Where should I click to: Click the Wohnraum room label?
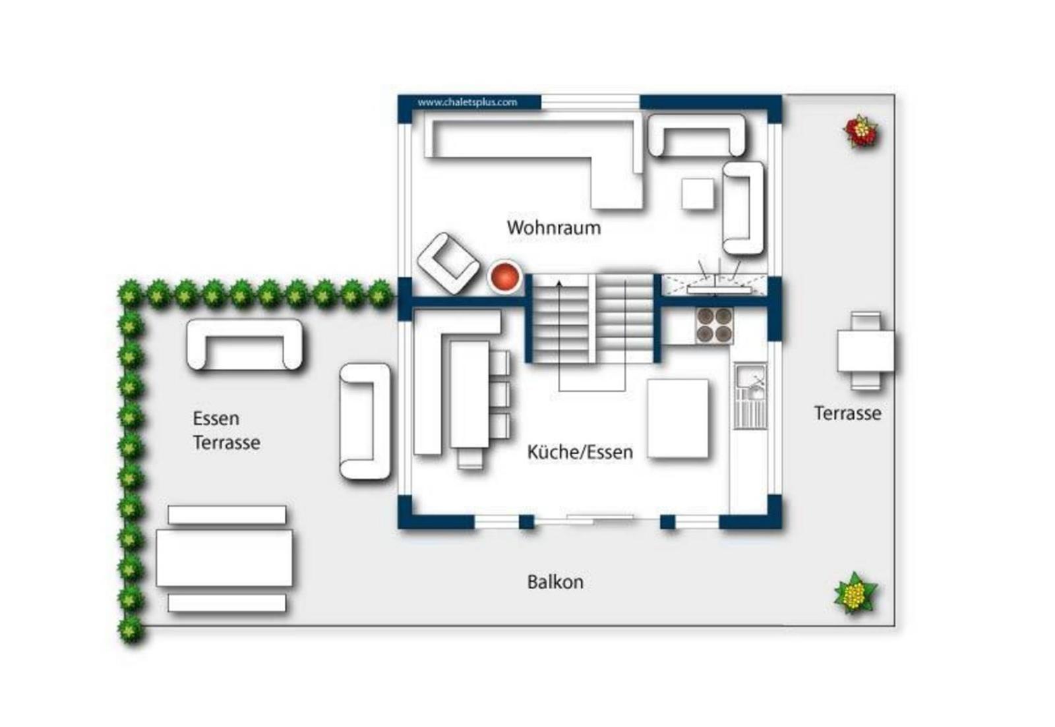click(x=554, y=228)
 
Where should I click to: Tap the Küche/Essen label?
click(x=580, y=452)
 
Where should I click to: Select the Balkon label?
click(x=555, y=582)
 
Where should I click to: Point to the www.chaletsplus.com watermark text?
click(x=467, y=102)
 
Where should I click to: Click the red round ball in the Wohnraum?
click(x=505, y=276)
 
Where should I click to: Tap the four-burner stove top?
click(x=714, y=326)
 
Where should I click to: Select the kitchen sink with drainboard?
click(x=750, y=395)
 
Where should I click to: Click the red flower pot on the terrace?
click(x=861, y=131)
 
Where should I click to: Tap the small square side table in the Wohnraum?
click(x=698, y=194)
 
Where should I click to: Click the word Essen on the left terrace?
click(x=216, y=418)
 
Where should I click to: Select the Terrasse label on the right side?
click(x=848, y=413)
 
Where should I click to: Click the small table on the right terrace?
click(x=866, y=351)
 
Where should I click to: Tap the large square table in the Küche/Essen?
click(x=678, y=419)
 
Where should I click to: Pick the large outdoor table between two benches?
click(x=224, y=558)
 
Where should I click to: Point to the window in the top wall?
click(x=590, y=102)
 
